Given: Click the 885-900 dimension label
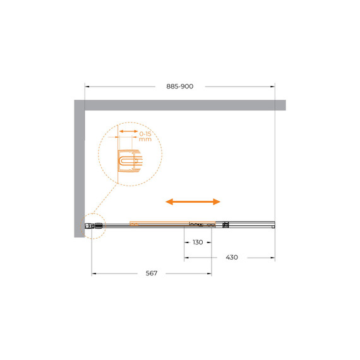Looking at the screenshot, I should coord(180,87).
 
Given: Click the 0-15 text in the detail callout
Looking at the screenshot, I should coord(145,134).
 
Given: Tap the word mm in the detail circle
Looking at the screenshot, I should coord(145,142).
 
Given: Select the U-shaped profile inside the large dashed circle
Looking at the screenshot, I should coord(129,162).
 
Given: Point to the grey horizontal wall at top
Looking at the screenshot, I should coord(183,105).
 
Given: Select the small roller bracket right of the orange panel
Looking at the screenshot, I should coord(225,224).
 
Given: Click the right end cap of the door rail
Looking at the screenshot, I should coord(273,224).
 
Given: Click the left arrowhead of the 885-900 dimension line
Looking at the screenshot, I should coord(87,87).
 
